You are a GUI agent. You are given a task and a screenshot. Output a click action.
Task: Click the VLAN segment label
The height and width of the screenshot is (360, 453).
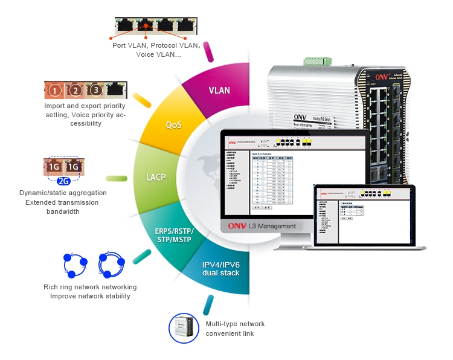(x=219, y=91)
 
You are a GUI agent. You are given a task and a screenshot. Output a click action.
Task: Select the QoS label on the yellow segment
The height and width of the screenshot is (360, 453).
(x=174, y=125)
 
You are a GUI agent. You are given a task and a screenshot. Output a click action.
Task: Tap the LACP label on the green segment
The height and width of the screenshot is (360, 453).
(x=156, y=178)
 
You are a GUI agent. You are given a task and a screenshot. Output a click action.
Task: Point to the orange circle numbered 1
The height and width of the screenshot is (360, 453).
(x=55, y=91)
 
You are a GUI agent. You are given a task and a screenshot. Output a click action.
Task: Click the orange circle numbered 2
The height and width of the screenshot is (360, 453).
(x=75, y=91)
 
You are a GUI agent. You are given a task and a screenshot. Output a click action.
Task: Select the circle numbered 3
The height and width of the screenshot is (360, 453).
(x=95, y=91)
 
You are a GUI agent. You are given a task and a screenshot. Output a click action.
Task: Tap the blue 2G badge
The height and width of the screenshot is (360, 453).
(x=65, y=181)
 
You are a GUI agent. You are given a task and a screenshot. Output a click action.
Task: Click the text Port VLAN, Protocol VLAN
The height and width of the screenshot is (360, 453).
(x=156, y=45)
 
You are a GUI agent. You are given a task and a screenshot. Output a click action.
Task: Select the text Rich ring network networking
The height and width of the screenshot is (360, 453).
(x=90, y=287)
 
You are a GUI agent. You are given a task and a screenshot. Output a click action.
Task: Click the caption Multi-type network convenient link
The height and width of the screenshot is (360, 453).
(x=235, y=329)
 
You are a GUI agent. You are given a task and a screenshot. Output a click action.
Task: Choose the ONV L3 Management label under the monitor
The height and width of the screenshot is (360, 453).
(x=262, y=226)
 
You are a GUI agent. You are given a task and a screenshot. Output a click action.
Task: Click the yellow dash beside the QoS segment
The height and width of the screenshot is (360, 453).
(x=141, y=100)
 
